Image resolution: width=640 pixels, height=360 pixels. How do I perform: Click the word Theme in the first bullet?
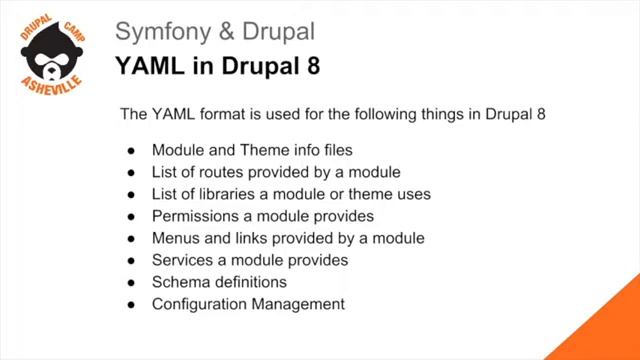(x=264, y=150)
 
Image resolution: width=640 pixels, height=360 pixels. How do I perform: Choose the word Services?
(x=183, y=260)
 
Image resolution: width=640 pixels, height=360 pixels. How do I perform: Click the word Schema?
(x=179, y=282)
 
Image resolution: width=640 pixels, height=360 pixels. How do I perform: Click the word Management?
(x=297, y=304)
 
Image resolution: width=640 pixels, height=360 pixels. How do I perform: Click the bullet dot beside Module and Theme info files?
(x=131, y=151)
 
